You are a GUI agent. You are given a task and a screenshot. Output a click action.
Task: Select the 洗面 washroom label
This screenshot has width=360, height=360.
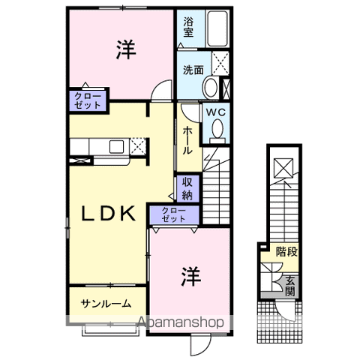coord(193,70)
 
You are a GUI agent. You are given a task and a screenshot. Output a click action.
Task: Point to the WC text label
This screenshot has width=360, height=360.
coord(215,112)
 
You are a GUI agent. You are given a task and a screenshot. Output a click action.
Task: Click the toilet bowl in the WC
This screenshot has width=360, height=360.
coord(216,130)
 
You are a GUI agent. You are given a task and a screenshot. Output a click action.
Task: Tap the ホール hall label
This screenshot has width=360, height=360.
coord(187,139)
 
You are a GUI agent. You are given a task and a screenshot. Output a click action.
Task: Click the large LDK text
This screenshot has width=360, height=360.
coord(109,213)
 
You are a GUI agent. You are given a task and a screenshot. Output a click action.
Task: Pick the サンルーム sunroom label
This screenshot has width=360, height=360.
coord(106,304)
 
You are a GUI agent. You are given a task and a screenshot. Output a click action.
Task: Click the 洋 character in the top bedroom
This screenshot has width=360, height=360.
coord(125,49)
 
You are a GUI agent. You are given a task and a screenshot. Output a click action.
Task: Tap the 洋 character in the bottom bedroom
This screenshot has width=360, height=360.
coord(188,277)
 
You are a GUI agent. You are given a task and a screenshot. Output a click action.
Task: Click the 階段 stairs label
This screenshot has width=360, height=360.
coord(286,252)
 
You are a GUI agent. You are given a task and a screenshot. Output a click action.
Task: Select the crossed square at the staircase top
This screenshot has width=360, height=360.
coord(283,167)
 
